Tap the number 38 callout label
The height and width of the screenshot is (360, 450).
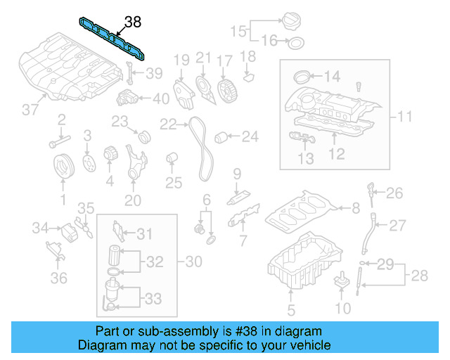[x=131, y=22]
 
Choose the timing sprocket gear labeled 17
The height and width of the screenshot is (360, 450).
[x=225, y=90]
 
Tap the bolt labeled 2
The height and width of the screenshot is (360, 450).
[x=55, y=145]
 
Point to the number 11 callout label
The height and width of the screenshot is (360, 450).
[x=405, y=115]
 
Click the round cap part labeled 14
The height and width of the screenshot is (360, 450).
[x=300, y=77]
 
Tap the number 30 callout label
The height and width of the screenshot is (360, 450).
[x=193, y=262]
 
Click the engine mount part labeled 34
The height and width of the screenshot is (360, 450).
[x=70, y=231]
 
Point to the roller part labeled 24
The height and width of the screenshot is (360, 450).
[x=221, y=136]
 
